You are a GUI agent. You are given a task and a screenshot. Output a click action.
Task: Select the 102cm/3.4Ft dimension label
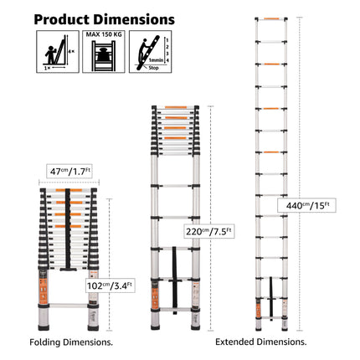click(108, 285)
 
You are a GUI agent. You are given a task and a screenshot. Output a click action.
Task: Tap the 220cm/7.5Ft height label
click(208, 231)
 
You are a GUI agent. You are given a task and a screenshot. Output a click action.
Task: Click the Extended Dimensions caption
click(260, 342)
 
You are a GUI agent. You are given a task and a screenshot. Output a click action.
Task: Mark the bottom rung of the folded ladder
click(69, 300)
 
